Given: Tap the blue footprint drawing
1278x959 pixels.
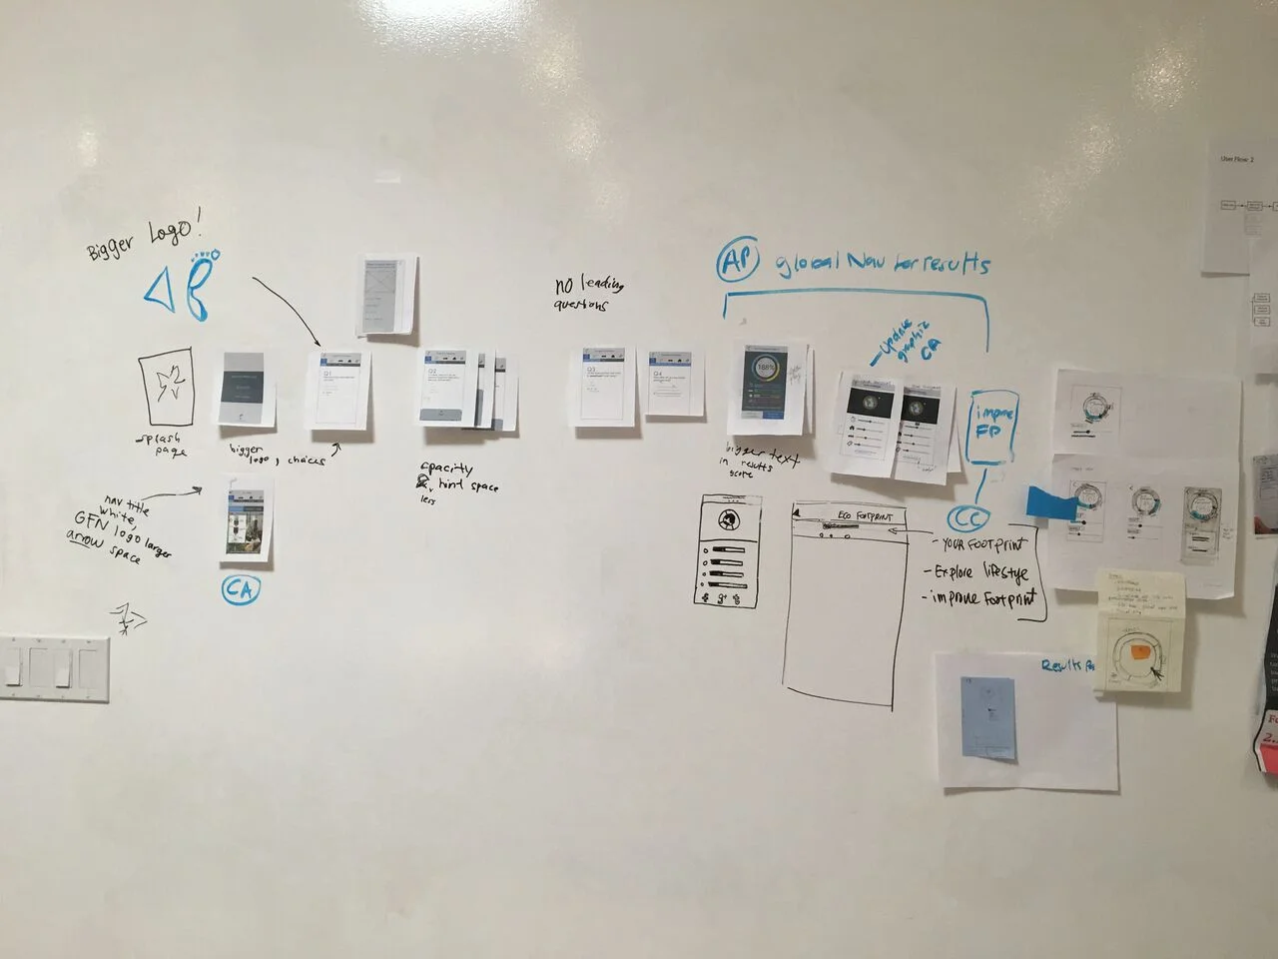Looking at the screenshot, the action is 203,284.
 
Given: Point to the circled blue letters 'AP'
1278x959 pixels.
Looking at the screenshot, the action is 738,264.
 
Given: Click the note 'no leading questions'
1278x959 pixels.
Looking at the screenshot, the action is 589,294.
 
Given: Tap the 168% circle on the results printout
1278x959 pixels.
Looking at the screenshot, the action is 766,368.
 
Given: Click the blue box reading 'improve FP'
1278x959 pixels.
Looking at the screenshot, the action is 994,425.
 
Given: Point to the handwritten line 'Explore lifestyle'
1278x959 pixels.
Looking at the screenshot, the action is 980,572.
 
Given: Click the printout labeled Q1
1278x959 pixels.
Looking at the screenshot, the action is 337,389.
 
